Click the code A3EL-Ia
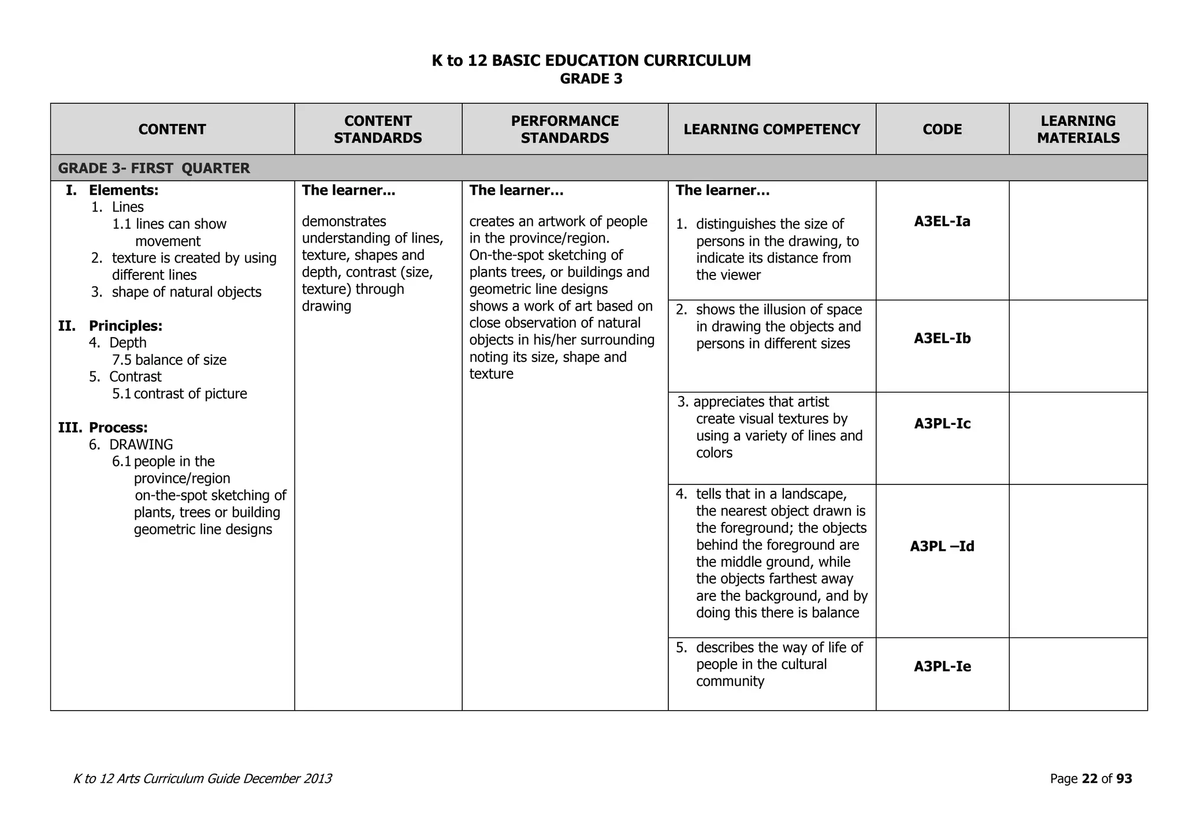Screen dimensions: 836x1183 tap(942, 222)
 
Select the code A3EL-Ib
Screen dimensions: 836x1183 tap(942, 338)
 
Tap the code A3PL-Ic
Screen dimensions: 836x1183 tap(942, 424)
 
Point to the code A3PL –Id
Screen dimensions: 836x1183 tap(942, 546)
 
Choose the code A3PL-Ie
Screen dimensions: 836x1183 tap(942, 667)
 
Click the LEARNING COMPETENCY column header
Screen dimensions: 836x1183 tap(772, 129)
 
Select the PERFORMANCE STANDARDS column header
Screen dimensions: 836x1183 tap(564, 129)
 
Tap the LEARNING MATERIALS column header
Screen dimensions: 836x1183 tap(1078, 129)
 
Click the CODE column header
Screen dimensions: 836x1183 tap(942, 129)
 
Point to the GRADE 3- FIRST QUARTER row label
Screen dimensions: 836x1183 tap(154, 169)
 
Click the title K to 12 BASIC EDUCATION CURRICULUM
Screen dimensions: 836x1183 tap(591, 61)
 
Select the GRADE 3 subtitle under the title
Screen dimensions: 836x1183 tap(591, 79)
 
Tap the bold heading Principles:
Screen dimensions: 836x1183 tap(125, 326)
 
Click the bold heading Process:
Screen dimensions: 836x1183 tap(118, 428)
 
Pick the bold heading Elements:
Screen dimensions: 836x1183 tap(123, 191)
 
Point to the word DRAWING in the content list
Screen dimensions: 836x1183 tap(141, 445)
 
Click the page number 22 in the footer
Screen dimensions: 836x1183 tap(1089, 779)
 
